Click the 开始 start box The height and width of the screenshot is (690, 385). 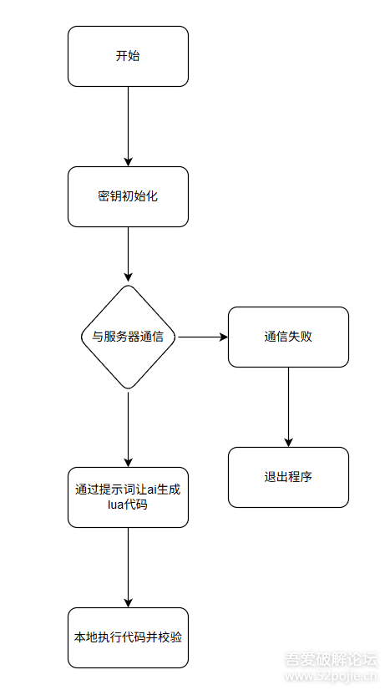click(128, 56)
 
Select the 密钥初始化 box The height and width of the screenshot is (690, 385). click(128, 196)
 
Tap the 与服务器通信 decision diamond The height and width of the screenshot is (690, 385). click(128, 337)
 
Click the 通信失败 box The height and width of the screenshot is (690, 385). click(288, 337)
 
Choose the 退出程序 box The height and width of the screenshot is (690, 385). click(288, 477)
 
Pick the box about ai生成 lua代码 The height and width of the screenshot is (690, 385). click(128, 497)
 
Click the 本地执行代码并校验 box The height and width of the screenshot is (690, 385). click(128, 637)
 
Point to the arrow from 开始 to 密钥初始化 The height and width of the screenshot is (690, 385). click(128, 125)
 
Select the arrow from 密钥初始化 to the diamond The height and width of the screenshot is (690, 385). click(128, 254)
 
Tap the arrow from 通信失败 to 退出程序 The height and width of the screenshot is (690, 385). click(288, 406)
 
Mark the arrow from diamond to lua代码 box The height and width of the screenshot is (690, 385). click(128, 426)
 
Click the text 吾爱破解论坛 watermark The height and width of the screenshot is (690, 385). click(332, 660)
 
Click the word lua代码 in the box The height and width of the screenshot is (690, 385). click(128, 505)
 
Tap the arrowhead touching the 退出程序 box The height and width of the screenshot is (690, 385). click(288, 442)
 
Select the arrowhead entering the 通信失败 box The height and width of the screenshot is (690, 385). click(223, 337)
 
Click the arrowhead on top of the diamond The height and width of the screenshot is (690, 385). click(128, 278)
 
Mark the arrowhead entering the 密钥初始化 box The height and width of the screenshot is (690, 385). click(128, 161)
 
